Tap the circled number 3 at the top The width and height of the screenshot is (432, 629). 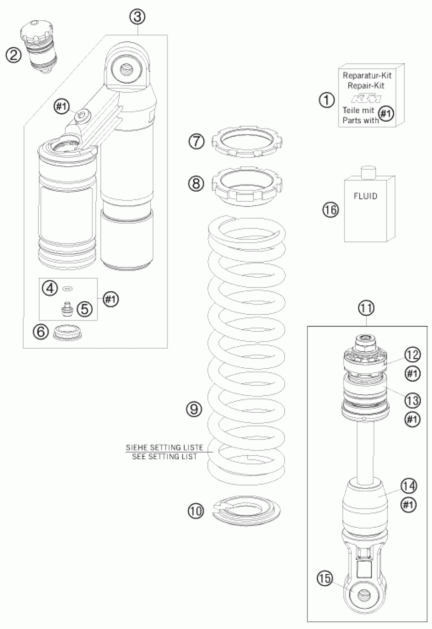[137, 17]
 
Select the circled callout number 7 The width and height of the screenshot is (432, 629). [196, 141]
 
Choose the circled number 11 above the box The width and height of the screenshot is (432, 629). [366, 308]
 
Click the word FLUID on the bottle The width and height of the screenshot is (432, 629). [365, 196]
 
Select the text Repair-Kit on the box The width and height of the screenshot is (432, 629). [366, 86]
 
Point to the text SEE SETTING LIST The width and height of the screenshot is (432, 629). [164, 457]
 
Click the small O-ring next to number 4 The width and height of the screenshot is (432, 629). [67, 289]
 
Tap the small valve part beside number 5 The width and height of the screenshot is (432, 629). [67, 309]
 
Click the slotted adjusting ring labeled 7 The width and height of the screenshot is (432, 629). [246, 141]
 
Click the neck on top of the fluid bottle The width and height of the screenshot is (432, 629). [369, 172]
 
